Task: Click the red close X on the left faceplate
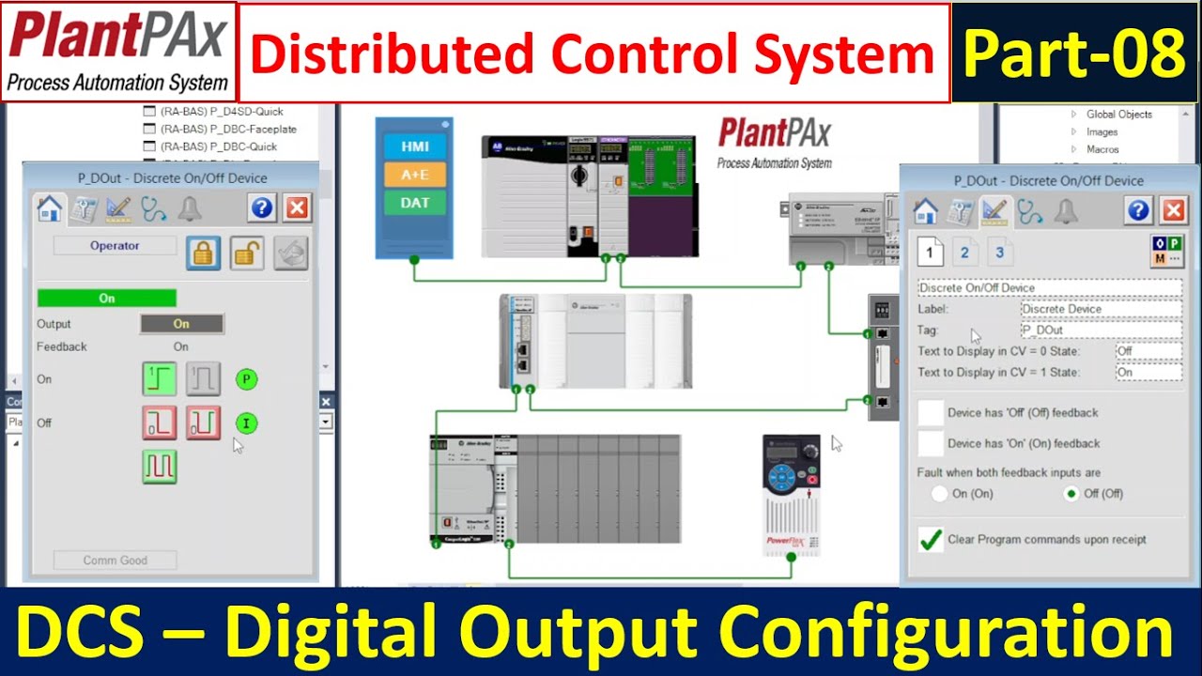297,208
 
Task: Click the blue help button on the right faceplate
1139,211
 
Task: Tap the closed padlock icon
203,253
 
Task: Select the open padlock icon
247,253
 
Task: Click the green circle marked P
246,379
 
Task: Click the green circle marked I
246,423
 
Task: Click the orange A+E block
414,175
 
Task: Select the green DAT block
414,203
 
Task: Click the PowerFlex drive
791,494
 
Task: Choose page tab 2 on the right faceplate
964,253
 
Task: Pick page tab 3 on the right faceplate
999,253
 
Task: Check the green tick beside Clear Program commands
930,540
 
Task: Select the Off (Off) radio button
1071,494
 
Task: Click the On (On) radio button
939,494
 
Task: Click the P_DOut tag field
1101,330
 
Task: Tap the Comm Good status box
115,561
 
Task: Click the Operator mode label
115,246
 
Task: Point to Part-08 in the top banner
1074,54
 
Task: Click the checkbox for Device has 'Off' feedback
930,412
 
